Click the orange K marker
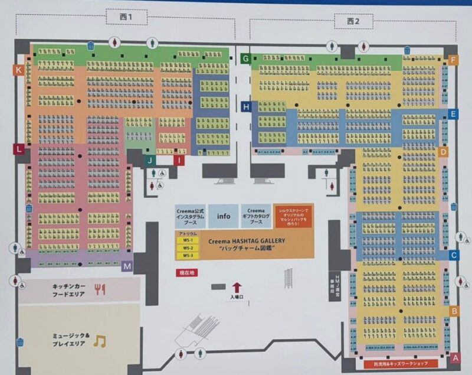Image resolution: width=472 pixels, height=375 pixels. (19, 70)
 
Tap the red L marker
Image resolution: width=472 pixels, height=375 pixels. (19, 149)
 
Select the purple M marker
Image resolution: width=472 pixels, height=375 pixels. (127, 266)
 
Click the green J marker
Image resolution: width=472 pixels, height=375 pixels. (151, 159)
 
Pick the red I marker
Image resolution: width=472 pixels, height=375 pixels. (178, 159)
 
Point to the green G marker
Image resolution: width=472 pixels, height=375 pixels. (246, 58)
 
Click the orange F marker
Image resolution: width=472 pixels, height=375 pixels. (453, 60)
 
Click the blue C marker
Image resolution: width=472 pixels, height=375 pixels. (454, 255)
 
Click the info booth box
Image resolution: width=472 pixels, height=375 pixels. (224, 216)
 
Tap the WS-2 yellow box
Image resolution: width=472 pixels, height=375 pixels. (188, 248)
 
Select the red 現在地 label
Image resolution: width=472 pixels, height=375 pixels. (188, 273)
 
